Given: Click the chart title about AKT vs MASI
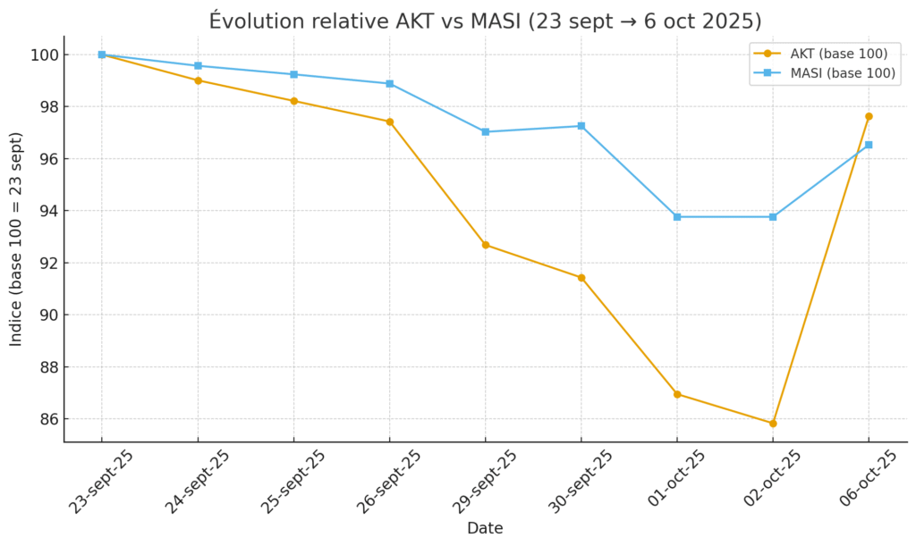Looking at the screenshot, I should [x=485, y=21].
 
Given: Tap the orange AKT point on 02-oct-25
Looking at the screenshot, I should [x=773, y=424].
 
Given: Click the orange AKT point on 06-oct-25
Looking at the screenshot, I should [x=869, y=116].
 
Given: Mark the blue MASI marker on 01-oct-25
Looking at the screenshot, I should [x=677, y=217].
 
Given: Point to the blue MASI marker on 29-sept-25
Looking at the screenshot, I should [x=485, y=131].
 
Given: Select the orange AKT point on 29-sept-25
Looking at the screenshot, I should [x=485, y=245].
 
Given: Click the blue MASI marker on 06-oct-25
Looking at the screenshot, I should [x=869, y=145].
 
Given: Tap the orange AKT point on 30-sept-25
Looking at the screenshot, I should [x=581, y=278].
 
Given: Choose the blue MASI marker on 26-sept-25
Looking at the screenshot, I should [x=389, y=84].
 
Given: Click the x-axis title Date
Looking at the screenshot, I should [x=485, y=528].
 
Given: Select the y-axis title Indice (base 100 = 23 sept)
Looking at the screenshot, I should [x=17, y=239].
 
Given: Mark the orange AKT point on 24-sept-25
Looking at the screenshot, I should [x=198, y=80].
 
